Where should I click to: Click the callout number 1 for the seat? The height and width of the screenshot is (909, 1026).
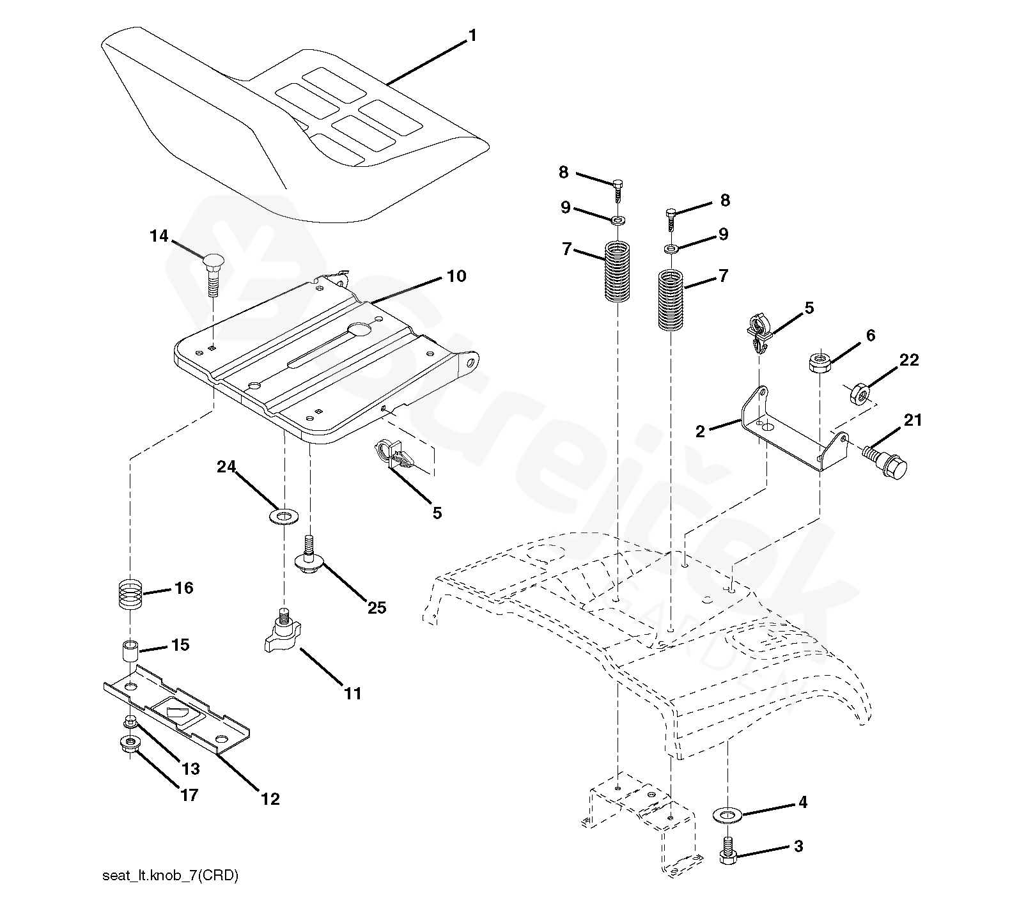click(472, 36)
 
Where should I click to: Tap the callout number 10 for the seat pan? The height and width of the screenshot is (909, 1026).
click(456, 276)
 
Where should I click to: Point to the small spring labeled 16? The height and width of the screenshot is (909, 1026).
click(130, 594)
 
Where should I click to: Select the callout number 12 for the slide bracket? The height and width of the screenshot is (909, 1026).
click(270, 798)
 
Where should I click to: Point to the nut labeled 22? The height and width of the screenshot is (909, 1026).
click(859, 395)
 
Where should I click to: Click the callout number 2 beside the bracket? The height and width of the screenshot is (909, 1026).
click(701, 431)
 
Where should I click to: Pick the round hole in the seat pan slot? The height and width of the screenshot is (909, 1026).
click(360, 330)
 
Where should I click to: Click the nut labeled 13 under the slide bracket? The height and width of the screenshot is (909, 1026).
click(130, 722)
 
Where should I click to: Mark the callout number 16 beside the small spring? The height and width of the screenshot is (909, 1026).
click(184, 587)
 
